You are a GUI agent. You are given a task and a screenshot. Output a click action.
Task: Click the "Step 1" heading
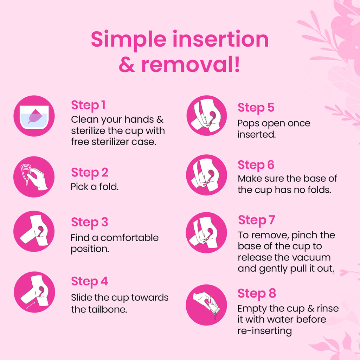[x=88, y=105]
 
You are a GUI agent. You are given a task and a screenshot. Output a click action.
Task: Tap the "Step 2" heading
[x=90, y=172]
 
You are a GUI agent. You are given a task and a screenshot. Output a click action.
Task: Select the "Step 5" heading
[x=256, y=108]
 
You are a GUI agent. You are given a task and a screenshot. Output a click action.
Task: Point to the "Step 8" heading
[x=257, y=294]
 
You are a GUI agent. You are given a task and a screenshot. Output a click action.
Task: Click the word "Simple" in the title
[x=129, y=40]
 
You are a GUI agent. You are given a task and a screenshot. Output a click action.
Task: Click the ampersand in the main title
[x=127, y=65]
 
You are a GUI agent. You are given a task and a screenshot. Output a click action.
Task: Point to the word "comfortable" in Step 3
[x=129, y=238]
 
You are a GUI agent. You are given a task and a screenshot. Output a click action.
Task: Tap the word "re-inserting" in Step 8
[x=264, y=331]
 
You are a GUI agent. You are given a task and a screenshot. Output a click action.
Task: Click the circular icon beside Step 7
[x=206, y=233]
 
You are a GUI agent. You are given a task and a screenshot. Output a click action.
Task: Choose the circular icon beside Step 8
[x=206, y=305]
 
